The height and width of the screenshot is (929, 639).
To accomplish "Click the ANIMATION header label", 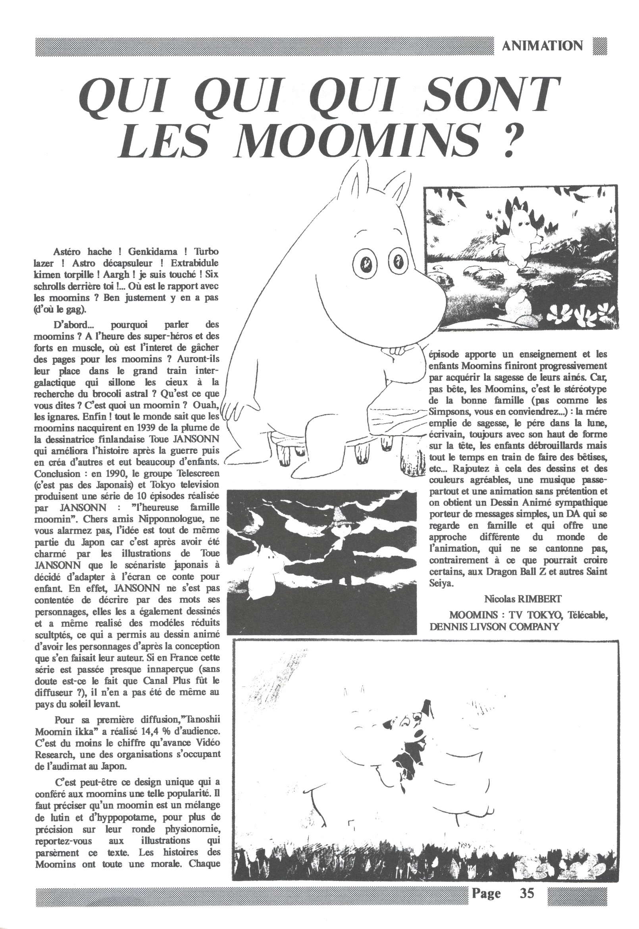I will point(543,46).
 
